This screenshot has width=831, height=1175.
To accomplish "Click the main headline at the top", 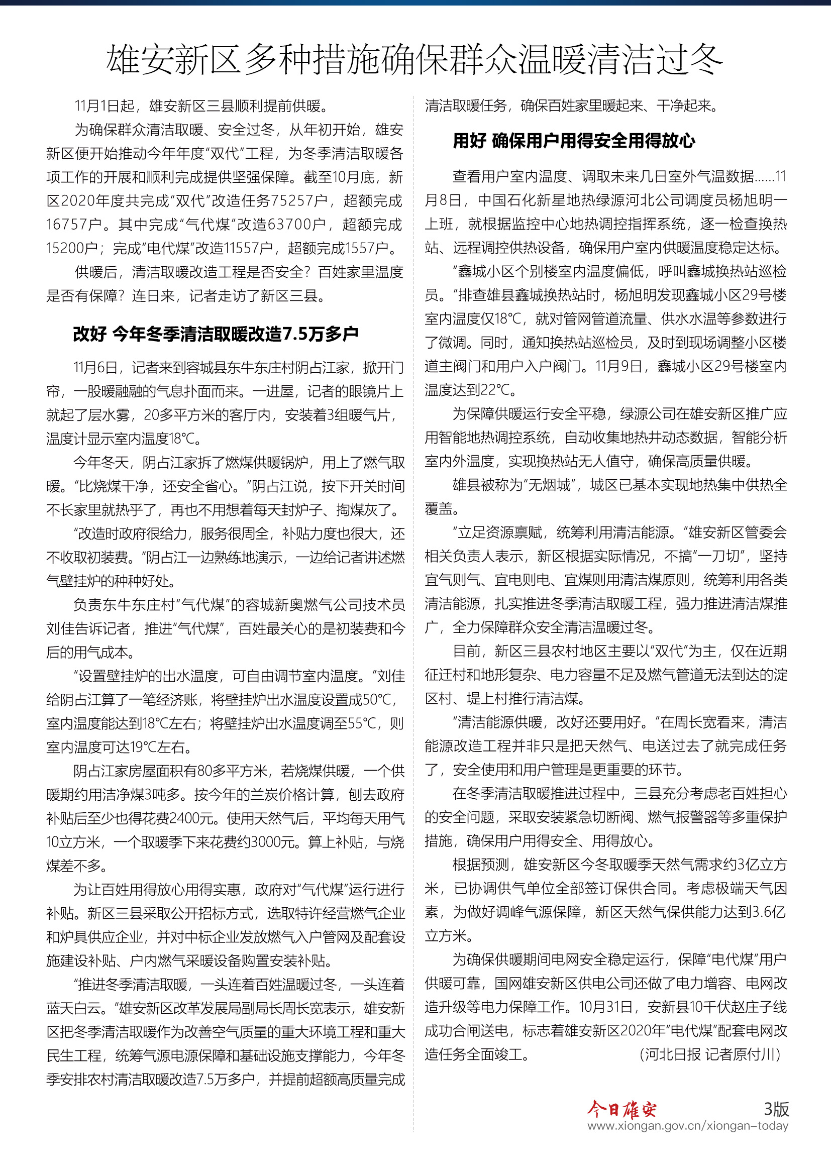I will (x=414, y=60).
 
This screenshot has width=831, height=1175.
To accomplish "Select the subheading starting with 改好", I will (x=216, y=334).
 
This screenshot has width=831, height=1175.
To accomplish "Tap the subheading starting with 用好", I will (x=574, y=141).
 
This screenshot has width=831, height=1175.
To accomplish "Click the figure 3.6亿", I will (x=768, y=912).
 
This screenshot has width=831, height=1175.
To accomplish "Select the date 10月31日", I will (x=606, y=1007).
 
